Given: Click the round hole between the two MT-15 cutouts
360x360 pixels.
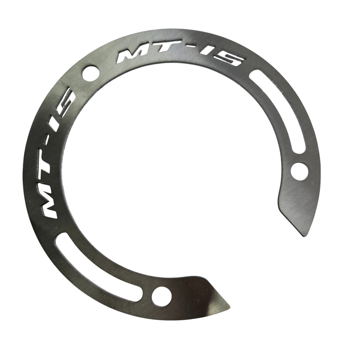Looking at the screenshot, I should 91,72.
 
